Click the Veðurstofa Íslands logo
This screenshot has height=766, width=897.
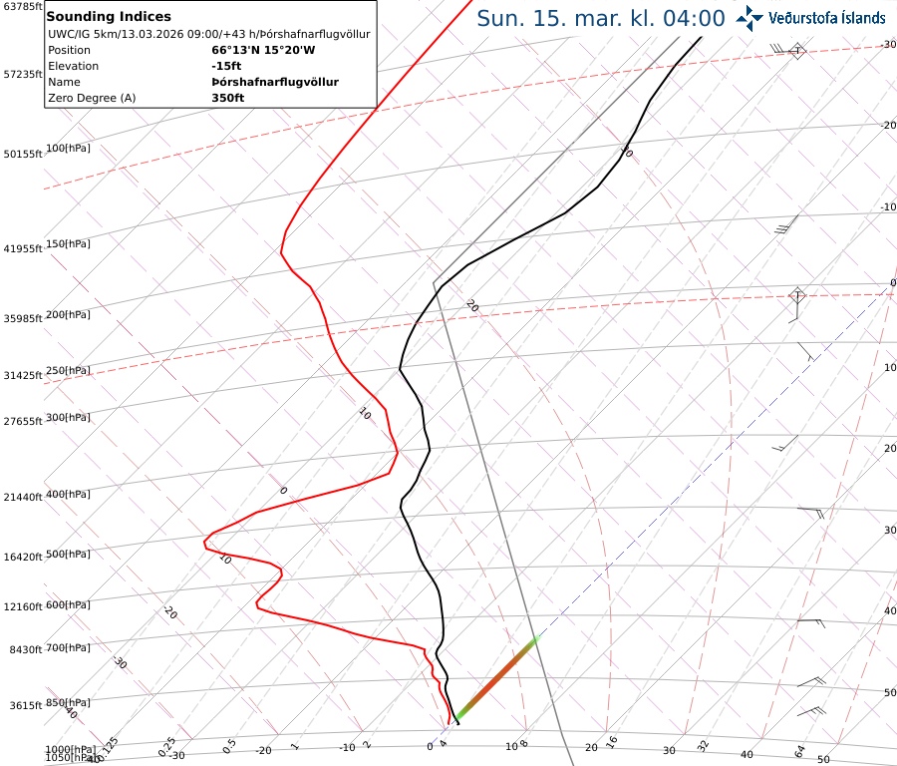(809, 17)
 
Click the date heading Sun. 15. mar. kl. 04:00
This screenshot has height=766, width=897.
(600, 18)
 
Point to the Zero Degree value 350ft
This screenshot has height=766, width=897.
(227, 98)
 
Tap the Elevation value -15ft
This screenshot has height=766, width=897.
(226, 66)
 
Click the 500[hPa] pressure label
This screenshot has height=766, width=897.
(68, 554)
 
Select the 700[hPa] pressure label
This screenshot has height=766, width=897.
(68, 648)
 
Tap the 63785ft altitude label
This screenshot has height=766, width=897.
(21, 6)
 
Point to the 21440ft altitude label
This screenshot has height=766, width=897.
(21, 497)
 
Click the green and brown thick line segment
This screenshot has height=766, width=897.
(496, 677)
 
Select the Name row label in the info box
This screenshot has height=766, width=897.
(64, 82)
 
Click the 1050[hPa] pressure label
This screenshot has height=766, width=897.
(69, 758)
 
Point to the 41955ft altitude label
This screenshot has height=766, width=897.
(21, 248)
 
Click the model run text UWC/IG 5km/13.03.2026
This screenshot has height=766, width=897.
(120, 34)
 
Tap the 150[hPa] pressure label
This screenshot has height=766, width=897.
(68, 243)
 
